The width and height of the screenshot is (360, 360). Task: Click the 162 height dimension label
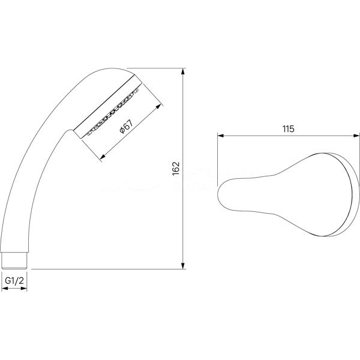tap(176, 169)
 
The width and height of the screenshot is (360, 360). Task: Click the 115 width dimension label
tap(288, 129)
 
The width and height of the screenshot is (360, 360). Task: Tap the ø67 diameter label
tap(126, 127)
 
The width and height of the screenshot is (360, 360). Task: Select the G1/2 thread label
tap(14, 280)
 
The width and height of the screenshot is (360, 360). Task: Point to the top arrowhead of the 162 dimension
tap(183, 71)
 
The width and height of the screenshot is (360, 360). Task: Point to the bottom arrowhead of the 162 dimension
tap(183, 266)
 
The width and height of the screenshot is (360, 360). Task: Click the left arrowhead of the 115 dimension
tap(221, 136)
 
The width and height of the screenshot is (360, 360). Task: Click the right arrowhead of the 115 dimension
tap(356, 136)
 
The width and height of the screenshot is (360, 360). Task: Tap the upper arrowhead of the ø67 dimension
tap(158, 106)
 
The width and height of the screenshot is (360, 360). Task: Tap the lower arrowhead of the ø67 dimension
tap(103, 157)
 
